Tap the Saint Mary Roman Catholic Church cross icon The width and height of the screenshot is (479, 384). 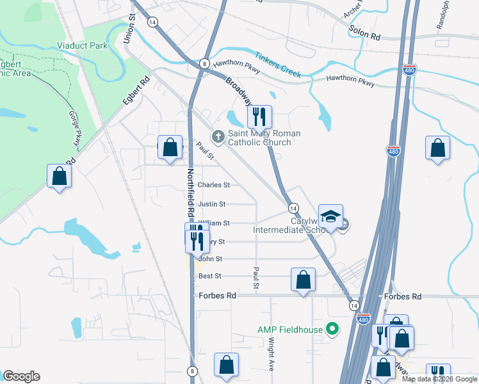point(218,136)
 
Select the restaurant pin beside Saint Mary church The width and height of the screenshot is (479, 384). point(259,117)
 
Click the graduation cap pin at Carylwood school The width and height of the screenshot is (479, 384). point(330,217)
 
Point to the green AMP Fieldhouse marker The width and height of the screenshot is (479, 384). point(332,330)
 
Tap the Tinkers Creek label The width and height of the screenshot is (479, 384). point(277,65)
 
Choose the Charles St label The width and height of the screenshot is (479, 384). point(213,185)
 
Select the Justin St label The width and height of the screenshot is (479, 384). point(211,204)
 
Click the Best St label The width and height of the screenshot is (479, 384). point(209,276)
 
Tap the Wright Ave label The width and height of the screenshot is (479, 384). point(272,353)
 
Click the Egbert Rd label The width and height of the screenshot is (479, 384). point(136,91)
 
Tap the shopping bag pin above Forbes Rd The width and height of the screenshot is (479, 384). point(303,280)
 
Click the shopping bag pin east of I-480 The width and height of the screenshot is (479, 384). point(437,149)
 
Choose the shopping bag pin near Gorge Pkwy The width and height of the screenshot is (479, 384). point(59,177)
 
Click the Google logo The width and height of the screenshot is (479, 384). point(21,376)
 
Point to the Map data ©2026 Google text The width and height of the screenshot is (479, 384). point(439,379)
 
